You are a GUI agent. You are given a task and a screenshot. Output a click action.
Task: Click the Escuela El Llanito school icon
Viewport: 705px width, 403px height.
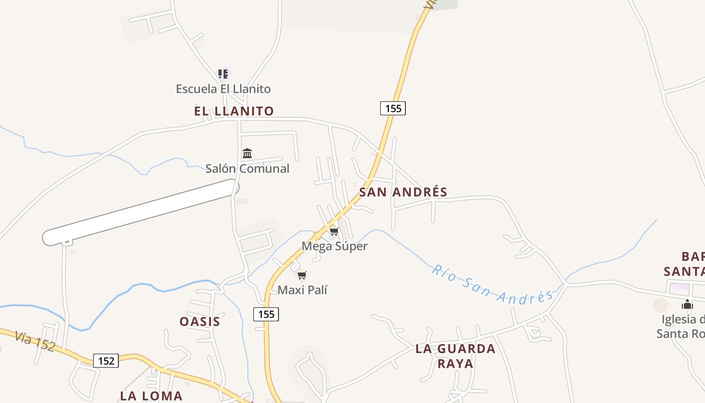point(223,74)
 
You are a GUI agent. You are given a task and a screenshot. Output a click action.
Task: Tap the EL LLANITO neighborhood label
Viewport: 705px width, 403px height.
point(234,111)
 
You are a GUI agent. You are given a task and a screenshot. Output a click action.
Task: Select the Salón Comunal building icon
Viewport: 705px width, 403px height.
point(247,153)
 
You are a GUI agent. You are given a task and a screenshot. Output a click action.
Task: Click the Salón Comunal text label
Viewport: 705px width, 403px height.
point(247,168)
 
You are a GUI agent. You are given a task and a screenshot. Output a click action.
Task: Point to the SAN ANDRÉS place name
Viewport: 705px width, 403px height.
point(403,192)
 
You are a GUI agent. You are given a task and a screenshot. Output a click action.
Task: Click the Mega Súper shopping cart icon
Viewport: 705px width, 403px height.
point(334,232)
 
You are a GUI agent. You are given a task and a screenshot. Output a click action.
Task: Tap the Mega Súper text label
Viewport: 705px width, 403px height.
point(334,246)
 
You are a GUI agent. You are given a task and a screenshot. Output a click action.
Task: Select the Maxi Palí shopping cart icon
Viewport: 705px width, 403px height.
point(302,275)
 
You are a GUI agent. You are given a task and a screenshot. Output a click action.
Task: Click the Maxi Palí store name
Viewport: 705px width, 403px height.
point(302,290)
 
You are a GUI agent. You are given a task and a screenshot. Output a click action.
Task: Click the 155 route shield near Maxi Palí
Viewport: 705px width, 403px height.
point(266,314)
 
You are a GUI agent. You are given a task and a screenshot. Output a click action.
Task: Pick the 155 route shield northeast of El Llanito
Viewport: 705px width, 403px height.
point(393,108)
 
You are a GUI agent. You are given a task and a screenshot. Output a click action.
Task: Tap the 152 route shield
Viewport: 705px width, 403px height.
point(106,361)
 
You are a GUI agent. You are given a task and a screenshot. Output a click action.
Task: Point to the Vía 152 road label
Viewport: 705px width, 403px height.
point(34,341)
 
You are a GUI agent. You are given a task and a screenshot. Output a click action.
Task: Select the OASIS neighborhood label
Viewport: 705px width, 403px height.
point(200,321)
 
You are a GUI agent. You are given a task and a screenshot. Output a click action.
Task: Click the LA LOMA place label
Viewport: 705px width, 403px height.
point(151,395)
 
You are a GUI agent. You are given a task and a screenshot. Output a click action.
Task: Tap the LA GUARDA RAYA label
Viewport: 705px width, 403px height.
point(455,356)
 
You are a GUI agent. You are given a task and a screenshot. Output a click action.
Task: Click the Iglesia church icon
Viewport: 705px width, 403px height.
point(687,304)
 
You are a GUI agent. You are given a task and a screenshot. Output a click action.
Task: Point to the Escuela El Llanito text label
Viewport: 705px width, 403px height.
point(223,89)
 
